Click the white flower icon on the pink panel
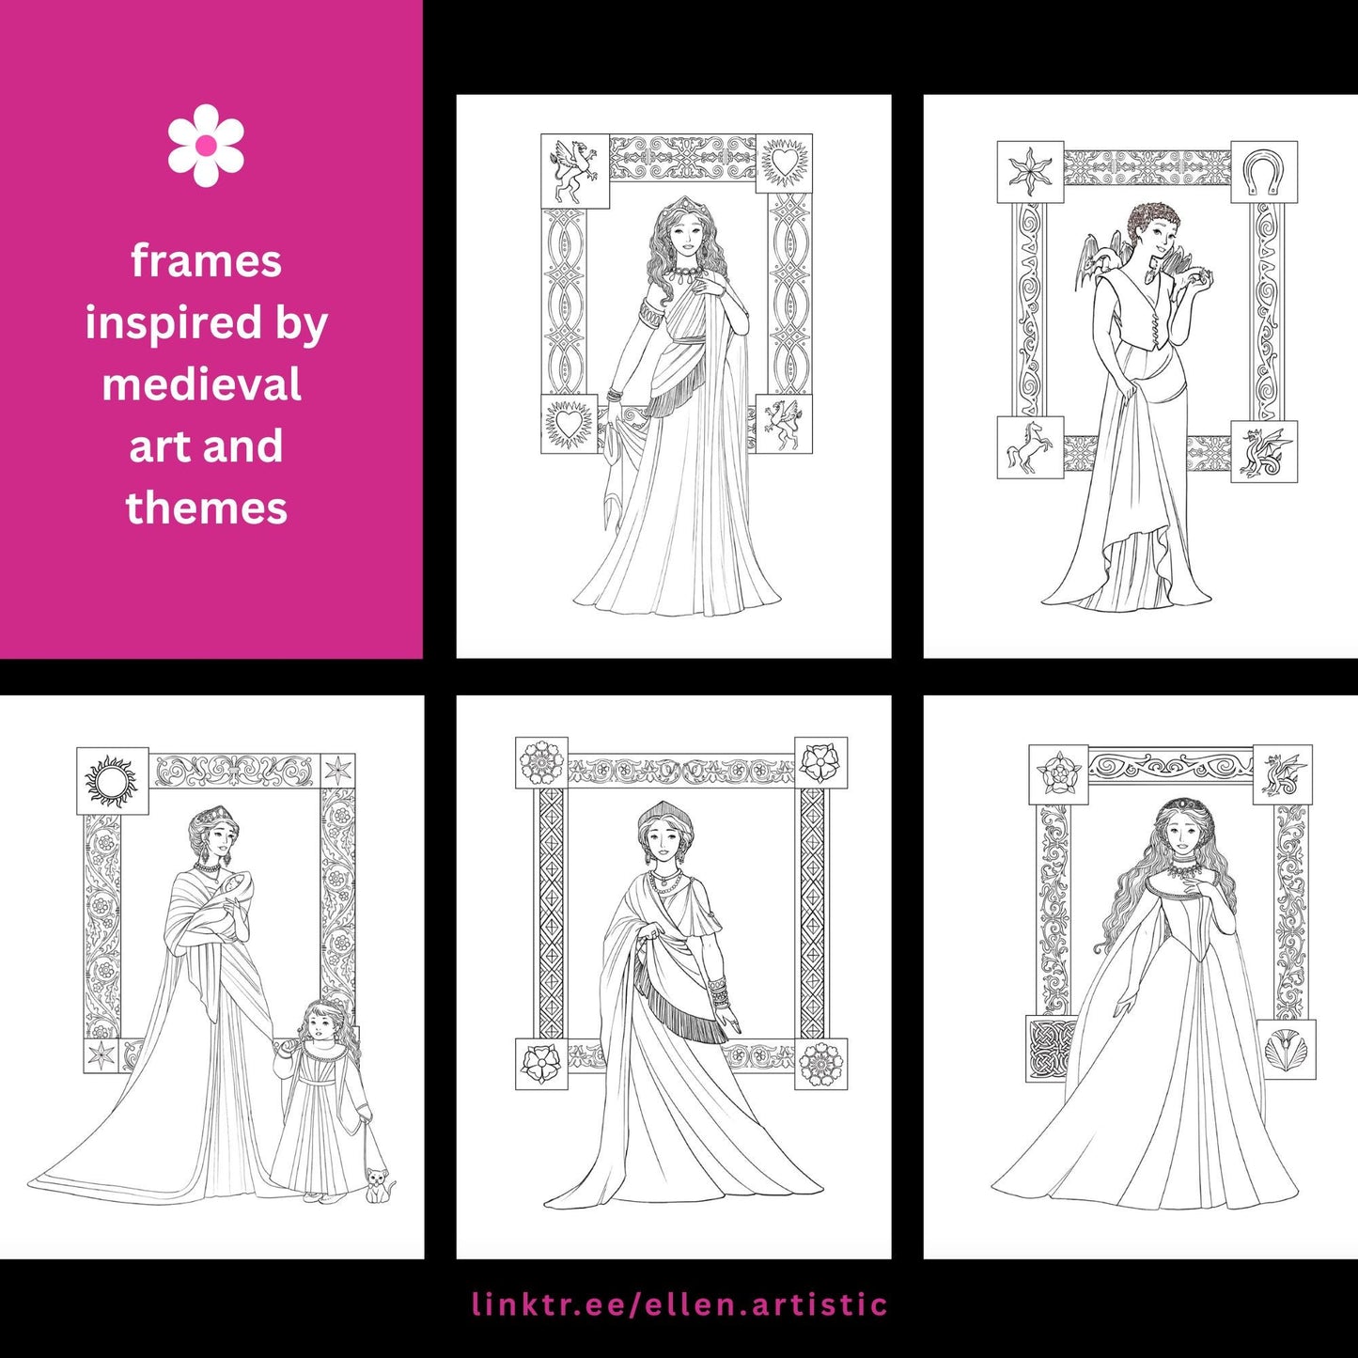206,145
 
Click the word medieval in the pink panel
202,384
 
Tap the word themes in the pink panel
207,507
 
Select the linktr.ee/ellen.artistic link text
679,1303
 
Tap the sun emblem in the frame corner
111,782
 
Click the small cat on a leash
379,1186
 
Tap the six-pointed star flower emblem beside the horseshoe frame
1030,173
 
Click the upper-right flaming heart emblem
783,162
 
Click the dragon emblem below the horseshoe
1264,452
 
